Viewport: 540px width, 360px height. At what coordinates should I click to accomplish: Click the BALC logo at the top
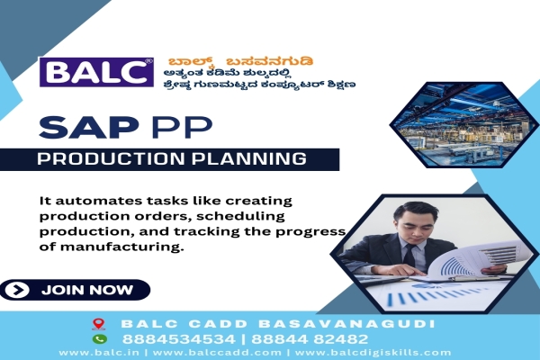[96, 71]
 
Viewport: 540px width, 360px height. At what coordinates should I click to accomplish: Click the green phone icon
[99, 339]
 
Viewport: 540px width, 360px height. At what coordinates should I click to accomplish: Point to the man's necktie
[409, 256]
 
